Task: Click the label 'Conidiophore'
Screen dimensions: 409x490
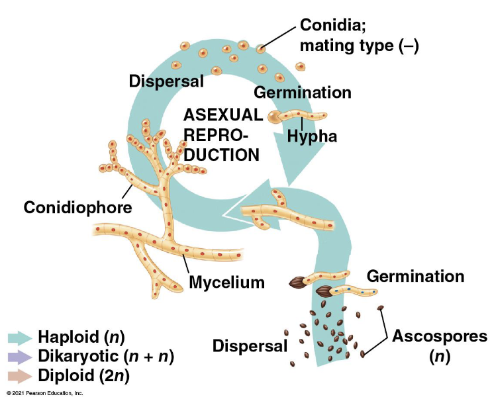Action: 77,207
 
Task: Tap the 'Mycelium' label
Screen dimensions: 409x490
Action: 226,283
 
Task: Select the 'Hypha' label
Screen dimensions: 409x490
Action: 312,137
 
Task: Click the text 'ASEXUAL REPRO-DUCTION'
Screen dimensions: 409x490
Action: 222,135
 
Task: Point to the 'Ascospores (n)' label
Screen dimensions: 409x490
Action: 439,346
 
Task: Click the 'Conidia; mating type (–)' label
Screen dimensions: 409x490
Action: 360,36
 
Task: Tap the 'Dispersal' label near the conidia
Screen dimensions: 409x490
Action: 166,81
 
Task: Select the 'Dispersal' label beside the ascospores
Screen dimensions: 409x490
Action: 250,345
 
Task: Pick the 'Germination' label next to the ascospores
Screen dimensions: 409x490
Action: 415,275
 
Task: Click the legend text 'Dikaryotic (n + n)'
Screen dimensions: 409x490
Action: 105,357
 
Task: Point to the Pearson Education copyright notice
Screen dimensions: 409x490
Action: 44,393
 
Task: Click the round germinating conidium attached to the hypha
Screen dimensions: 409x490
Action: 274,117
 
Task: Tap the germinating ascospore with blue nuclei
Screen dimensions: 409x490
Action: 324,291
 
